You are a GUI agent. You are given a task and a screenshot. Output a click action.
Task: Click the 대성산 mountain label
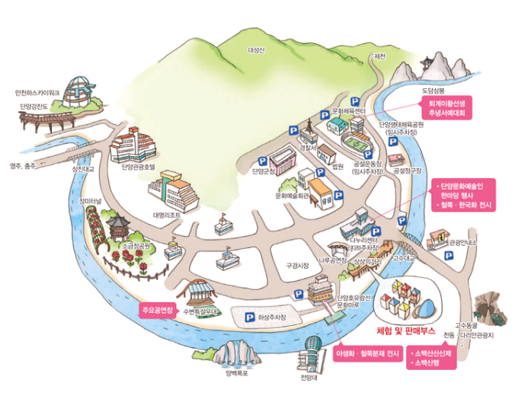(255, 50)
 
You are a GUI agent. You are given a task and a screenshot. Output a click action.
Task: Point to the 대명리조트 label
(166, 215)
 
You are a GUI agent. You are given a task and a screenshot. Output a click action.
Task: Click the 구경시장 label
(297, 266)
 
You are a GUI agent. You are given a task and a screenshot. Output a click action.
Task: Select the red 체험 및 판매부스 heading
(405, 332)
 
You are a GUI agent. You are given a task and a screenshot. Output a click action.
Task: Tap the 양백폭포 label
(237, 373)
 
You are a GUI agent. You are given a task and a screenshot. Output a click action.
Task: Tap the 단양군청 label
(264, 171)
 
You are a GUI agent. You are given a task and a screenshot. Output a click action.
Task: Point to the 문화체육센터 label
(349, 111)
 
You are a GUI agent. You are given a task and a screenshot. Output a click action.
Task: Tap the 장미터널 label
(91, 201)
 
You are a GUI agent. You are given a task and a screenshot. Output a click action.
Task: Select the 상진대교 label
(80, 169)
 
